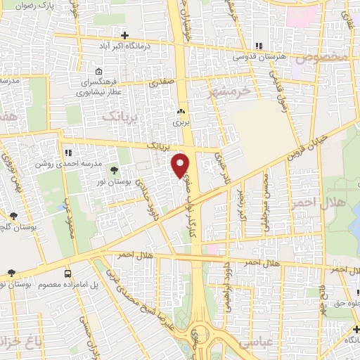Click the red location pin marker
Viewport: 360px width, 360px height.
(181, 164)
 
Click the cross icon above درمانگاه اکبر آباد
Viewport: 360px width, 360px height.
(125, 34)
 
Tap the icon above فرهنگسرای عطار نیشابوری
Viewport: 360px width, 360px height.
(98, 71)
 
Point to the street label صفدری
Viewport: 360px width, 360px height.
(161, 82)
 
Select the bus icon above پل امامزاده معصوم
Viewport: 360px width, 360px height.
(67, 273)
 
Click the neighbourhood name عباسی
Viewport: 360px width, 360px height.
(257, 344)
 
